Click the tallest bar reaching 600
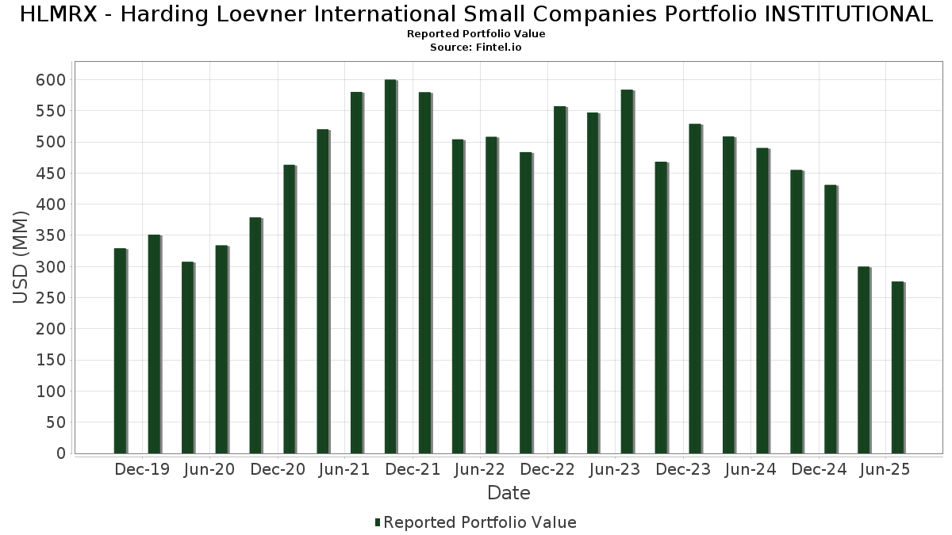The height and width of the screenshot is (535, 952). coord(390,266)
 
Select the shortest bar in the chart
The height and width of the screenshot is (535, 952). coord(897,368)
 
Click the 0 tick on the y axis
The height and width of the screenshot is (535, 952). coord(60,453)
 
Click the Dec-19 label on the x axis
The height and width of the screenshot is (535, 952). coord(142,469)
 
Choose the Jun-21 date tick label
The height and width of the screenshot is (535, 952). coord(344,469)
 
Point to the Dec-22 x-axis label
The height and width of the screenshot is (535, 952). coord(547,469)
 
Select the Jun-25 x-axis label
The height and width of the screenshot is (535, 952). coord(885,469)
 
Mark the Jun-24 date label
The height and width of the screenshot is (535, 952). coord(750,469)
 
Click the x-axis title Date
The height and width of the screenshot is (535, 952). coord(509,493)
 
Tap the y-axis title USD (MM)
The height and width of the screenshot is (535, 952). coord(21,257)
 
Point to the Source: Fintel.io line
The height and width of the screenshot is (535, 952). coord(476,48)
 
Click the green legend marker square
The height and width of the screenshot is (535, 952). coord(378,522)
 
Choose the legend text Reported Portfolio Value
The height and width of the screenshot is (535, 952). coord(480,522)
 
